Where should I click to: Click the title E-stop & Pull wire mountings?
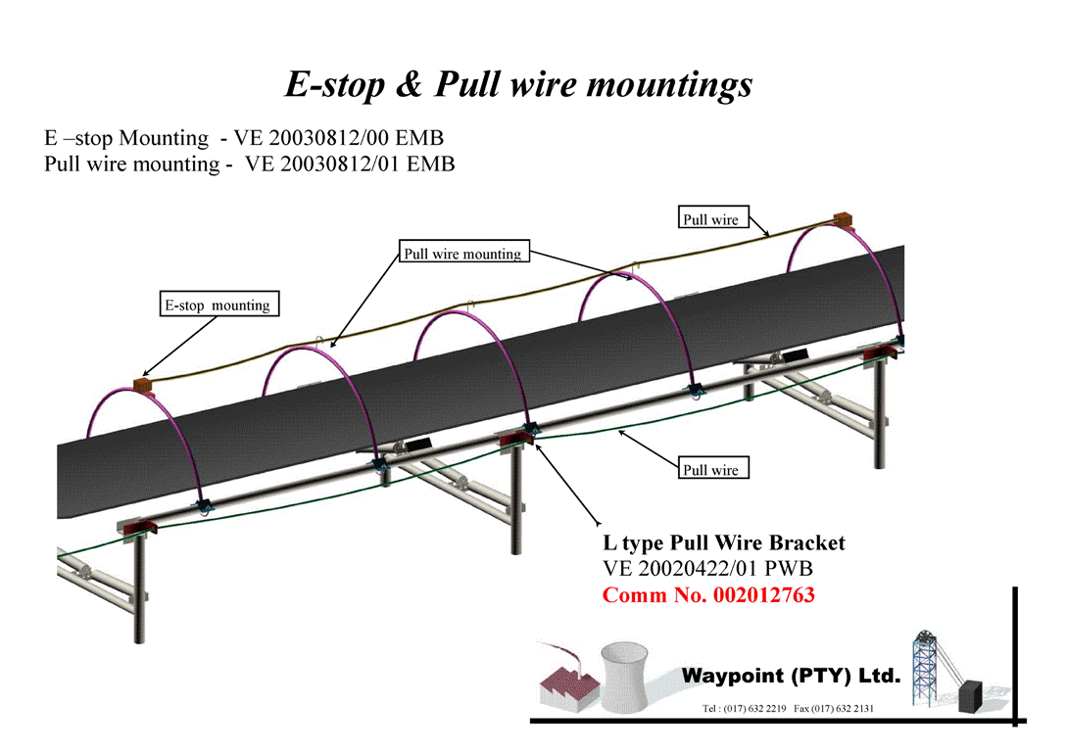click(x=518, y=84)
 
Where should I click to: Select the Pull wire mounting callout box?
click(x=463, y=254)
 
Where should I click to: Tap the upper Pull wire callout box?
click(x=711, y=219)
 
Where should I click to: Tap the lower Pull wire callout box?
click(x=711, y=470)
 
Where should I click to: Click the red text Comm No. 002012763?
click(x=708, y=595)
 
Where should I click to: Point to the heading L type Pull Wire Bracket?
click(x=723, y=542)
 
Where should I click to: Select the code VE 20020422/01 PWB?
click(x=707, y=568)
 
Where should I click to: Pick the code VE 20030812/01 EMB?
click(x=350, y=164)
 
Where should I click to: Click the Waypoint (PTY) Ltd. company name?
click(x=790, y=676)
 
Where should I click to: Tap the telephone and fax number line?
click(x=788, y=708)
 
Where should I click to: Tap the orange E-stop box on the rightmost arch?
click(x=844, y=221)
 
